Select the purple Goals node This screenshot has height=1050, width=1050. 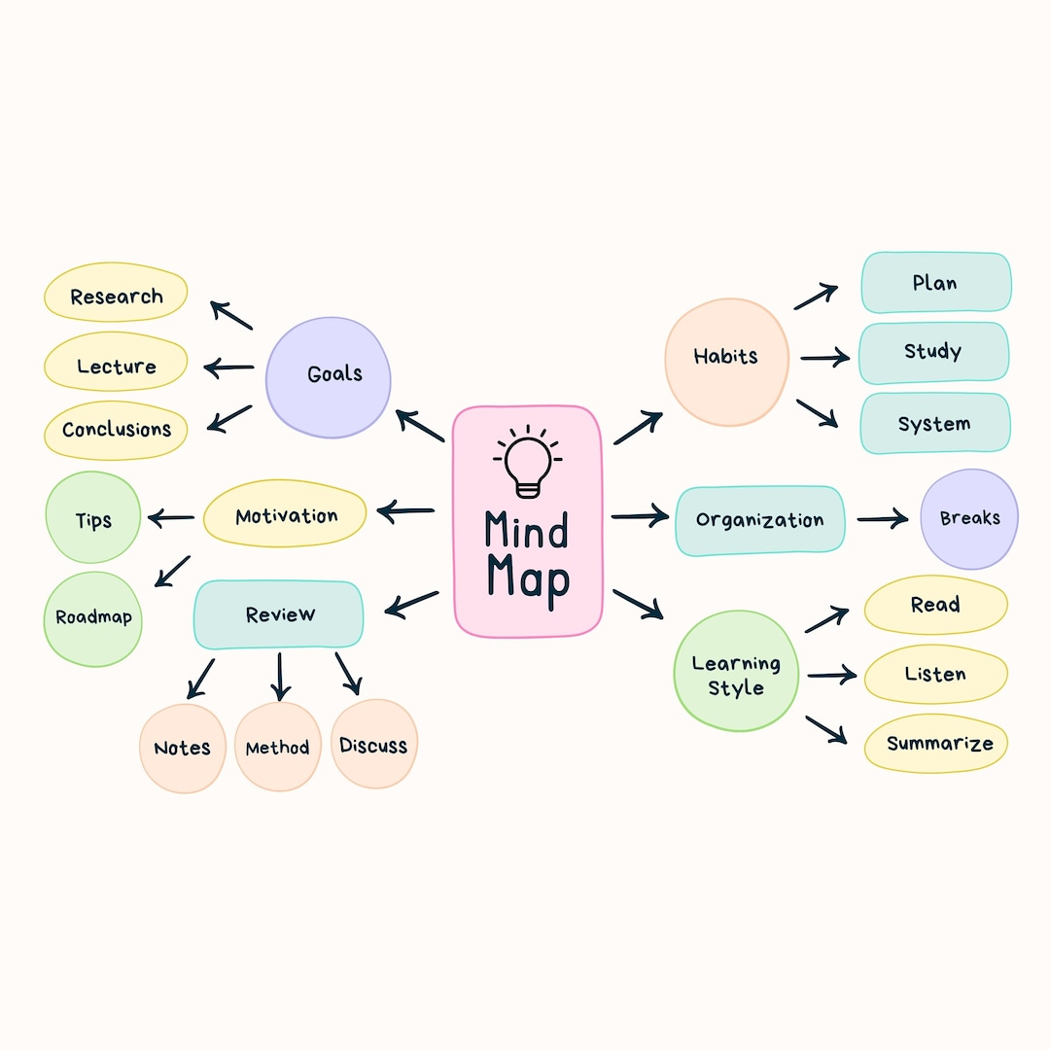[x=329, y=376]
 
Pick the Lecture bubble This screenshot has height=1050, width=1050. [x=116, y=367]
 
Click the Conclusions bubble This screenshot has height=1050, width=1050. [x=116, y=430]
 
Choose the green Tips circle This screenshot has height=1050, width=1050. [x=93, y=518]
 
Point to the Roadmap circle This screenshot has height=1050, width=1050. [x=93, y=618]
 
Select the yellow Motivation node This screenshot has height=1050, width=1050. [x=285, y=515]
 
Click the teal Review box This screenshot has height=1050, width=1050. [x=279, y=614]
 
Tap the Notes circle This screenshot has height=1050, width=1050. [x=183, y=748]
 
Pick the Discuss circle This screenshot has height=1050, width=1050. [x=373, y=745]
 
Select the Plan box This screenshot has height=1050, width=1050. [x=935, y=283]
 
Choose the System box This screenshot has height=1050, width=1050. [x=934, y=423]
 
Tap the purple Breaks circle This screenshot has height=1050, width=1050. [x=968, y=518]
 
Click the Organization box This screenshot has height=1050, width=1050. [x=759, y=520]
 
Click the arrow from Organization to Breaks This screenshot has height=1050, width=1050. [x=882, y=519]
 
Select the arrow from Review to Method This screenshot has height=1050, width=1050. [x=280, y=677]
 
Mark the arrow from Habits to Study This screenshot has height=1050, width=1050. [x=824, y=359]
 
